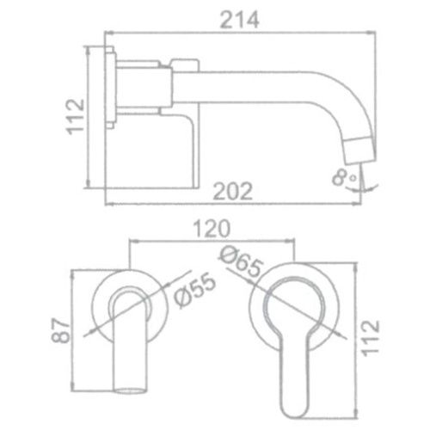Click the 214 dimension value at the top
click(x=240, y=20)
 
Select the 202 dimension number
click(x=233, y=191)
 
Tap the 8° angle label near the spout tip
click(x=344, y=176)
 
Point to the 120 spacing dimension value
click(x=212, y=229)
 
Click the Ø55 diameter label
click(x=194, y=292)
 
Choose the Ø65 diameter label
click(x=240, y=262)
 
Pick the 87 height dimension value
click(x=61, y=330)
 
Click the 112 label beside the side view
click(x=76, y=117)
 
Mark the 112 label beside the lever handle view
click(x=371, y=338)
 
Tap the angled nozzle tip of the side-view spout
click(x=359, y=151)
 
